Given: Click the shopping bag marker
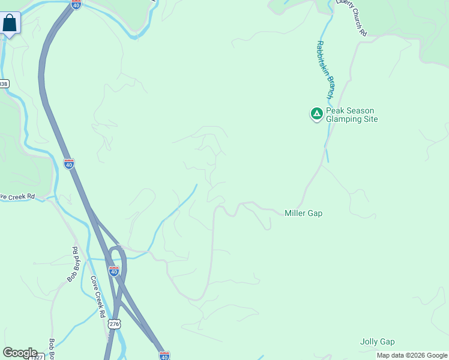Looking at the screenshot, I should (x=10, y=24).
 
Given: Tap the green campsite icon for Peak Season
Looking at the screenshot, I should (x=316, y=113).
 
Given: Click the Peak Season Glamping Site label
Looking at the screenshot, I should (x=352, y=115).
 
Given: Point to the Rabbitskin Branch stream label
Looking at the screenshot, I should (x=324, y=70).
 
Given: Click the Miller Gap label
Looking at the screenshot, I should (x=303, y=213).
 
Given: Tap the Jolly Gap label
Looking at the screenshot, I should (x=377, y=342).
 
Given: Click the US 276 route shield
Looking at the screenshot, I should (x=114, y=323).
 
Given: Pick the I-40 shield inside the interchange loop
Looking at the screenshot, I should (x=114, y=271).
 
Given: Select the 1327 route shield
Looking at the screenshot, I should (x=37, y=357).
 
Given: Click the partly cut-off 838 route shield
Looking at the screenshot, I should (x=4, y=84).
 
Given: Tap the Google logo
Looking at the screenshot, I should (x=20, y=353).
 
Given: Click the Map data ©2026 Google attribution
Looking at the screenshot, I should (x=412, y=355).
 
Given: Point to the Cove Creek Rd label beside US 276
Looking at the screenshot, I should (x=98, y=297).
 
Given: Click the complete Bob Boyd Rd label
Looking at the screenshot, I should (x=72, y=265).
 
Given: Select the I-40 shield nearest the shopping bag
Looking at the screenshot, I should (x=76, y=5).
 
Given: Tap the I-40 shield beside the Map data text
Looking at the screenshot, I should (x=164, y=356).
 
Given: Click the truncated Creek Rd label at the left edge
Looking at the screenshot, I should (x=17, y=196).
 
